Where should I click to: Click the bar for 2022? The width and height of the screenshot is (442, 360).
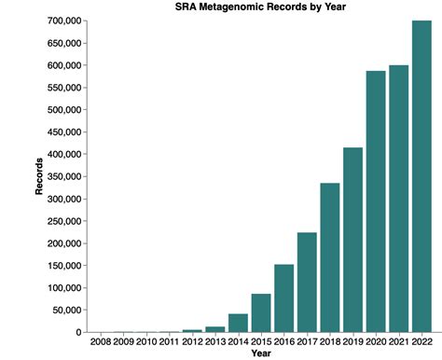point(421,176)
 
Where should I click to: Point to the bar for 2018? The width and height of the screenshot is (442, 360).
point(330,257)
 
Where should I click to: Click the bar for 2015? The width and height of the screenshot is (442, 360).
point(261,313)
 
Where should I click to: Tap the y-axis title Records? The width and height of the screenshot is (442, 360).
point(40,176)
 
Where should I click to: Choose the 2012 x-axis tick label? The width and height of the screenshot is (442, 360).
point(191,341)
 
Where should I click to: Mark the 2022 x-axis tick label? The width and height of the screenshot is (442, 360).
point(421,341)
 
